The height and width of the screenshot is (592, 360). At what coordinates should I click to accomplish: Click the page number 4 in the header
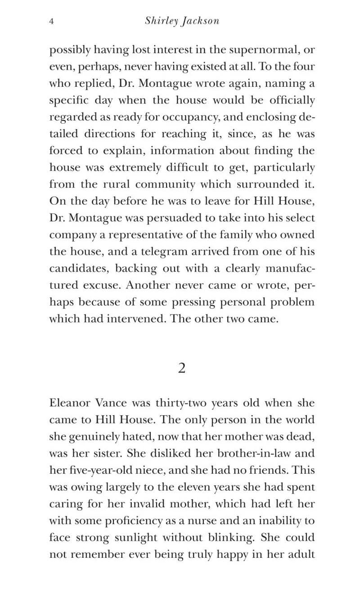click(51, 22)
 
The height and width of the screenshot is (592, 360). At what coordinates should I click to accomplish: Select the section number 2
click(182, 368)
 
